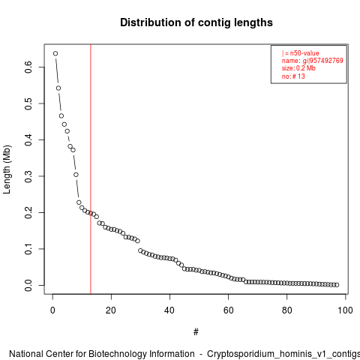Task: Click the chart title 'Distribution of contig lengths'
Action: click(x=196, y=22)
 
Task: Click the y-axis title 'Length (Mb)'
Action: click(x=7, y=169)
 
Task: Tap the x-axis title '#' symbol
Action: click(x=196, y=332)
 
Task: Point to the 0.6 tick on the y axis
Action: click(x=42, y=67)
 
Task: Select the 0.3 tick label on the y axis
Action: click(x=28, y=176)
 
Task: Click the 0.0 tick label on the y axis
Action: click(x=28, y=285)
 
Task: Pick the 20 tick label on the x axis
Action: click(x=111, y=310)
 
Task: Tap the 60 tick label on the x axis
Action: click(x=228, y=310)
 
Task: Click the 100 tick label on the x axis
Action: click(x=345, y=310)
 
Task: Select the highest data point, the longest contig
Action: click(x=55, y=53)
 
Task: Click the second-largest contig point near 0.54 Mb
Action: click(x=58, y=88)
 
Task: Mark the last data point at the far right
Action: click(x=337, y=285)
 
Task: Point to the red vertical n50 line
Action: click(x=91, y=169)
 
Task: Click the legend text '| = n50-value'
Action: click(x=301, y=53)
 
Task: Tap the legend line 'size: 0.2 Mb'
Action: click(x=298, y=68)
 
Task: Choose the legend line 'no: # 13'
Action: click(x=293, y=76)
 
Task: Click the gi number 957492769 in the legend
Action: click(x=326, y=61)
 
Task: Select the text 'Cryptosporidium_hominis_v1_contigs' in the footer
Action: click(x=283, y=355)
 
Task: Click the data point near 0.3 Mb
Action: click(x=76, y=175)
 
